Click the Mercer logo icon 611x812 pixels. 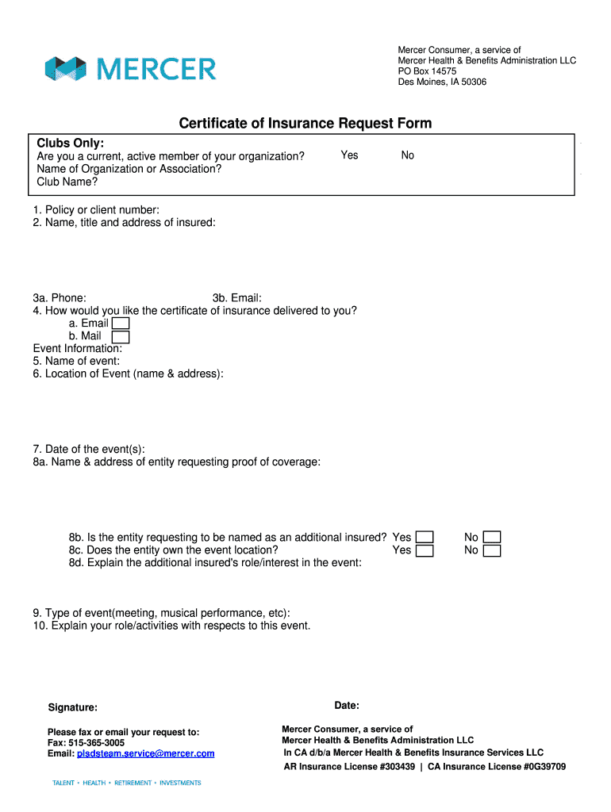point(65,69)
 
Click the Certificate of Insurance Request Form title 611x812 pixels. point(305,123)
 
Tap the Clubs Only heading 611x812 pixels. point(71,143)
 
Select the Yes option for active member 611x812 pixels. point(349,155)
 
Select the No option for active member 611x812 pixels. point(407,155)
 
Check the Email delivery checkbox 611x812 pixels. point(121,324)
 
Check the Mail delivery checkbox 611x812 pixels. point(121,336)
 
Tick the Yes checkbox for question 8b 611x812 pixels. point(425,538)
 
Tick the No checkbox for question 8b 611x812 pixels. point(492,538)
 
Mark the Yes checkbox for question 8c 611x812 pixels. point(425,550)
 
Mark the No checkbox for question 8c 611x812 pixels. point(492,550)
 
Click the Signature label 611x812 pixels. point(73,707)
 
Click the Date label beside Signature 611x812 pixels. point(347,705)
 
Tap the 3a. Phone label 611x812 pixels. point(60,298)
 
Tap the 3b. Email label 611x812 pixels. point(237,298)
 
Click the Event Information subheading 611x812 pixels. point(78,348)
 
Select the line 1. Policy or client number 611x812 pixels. point(96,209)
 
